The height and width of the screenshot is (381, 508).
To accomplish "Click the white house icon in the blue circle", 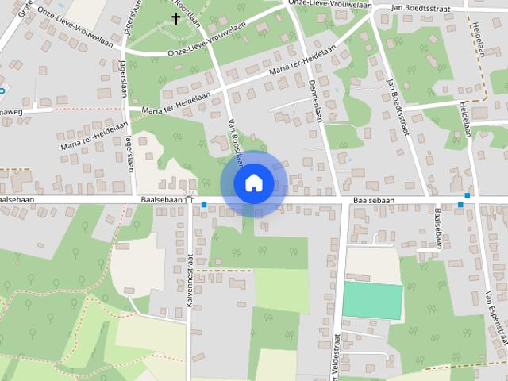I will [253, 183].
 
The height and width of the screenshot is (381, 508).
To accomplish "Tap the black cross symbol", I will [175, 17].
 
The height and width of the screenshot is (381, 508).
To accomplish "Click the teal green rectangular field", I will [372, 301].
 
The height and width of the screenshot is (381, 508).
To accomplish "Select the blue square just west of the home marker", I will [204, 206].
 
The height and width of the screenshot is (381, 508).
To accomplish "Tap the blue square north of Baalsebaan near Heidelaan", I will [468, 194].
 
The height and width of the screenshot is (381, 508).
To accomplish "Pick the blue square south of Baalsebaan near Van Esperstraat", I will [460, 205].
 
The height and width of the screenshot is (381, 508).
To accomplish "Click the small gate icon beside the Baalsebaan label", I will [188, 199].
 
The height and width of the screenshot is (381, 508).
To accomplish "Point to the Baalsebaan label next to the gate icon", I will [162, 200].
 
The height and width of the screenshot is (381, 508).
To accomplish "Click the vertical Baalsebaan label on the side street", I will [438, 229].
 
